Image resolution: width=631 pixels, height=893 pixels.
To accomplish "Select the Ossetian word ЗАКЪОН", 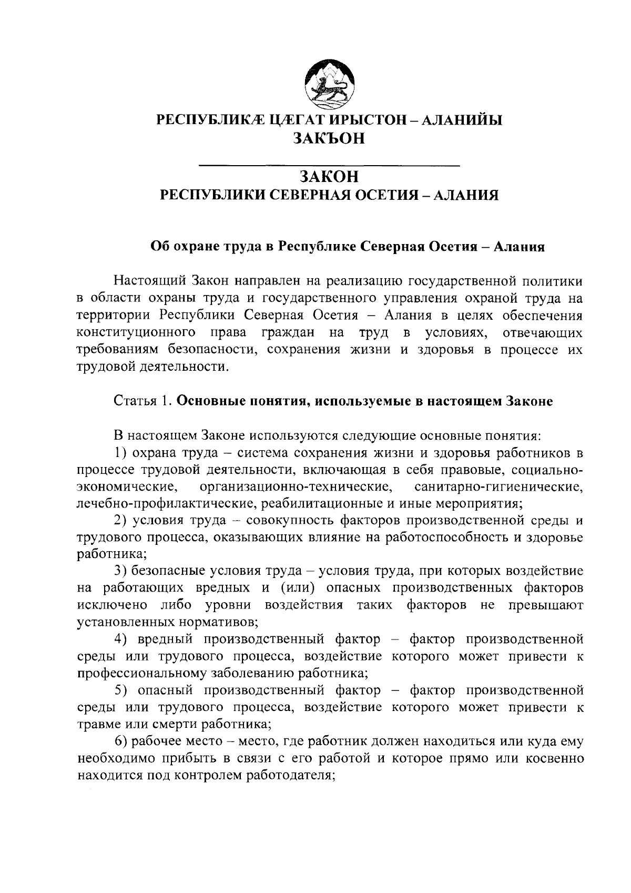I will click(x=329, y=138).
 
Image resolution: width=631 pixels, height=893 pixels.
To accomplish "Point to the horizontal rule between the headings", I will click(x=330, y=166).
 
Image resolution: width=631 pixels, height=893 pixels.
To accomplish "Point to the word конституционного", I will click(x=137, y=333).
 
